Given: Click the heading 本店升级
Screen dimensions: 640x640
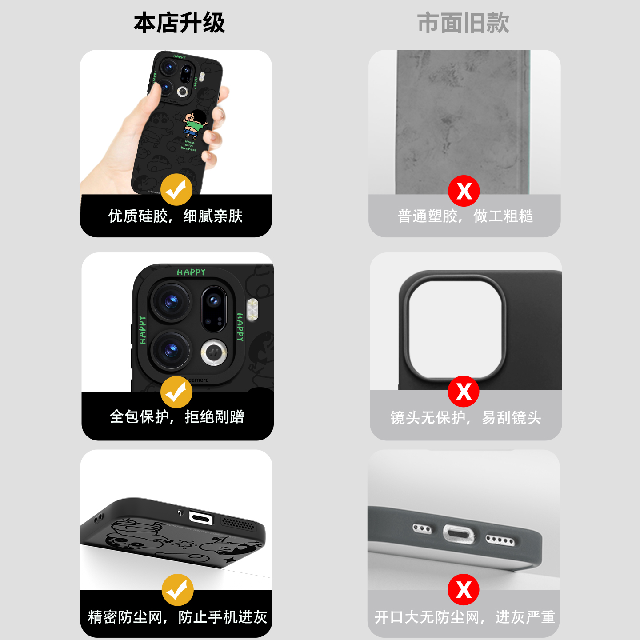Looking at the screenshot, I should click(179, 23).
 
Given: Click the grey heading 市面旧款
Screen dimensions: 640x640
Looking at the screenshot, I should click(463, 23).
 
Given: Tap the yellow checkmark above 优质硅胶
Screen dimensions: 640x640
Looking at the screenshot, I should click(176, 190).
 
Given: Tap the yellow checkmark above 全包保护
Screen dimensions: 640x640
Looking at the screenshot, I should click(176, 392).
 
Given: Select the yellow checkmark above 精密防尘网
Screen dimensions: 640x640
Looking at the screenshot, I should click(177, 590).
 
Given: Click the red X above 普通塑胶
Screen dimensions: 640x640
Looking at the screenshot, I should click(464, 191).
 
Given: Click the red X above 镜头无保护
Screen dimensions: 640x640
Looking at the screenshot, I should click(464, 391).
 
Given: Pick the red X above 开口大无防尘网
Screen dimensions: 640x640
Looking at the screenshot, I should click(464, 590).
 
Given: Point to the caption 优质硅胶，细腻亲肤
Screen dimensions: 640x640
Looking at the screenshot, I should click(176, 216).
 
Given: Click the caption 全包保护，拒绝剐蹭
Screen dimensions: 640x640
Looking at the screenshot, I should click(177, 417).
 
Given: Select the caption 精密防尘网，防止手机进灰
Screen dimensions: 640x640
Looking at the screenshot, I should click(177, 617).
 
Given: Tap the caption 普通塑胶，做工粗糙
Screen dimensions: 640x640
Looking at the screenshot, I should click(465, 216).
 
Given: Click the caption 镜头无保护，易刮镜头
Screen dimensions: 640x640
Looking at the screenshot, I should click(465, 418).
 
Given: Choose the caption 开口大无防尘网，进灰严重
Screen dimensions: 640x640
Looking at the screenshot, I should click(464, 617).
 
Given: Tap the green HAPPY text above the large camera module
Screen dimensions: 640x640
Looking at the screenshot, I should click(191, 272).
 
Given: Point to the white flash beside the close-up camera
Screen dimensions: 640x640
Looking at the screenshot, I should click(252, 309).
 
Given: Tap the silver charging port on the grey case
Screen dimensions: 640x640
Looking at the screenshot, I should click(458, 534).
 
